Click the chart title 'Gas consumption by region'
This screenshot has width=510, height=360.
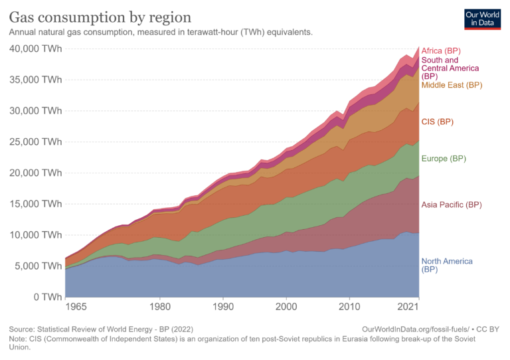[100, 17]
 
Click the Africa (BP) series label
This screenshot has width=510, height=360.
[441, 51]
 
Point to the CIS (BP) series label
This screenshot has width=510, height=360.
[437, 122]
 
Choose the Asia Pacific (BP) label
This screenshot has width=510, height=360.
[452, 205]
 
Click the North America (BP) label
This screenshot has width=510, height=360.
[447, 266]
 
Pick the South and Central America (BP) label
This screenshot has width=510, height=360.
[450, 68]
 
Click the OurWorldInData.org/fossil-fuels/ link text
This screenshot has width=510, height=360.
[416, 329]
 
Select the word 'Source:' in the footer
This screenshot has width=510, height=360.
[25, 329]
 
